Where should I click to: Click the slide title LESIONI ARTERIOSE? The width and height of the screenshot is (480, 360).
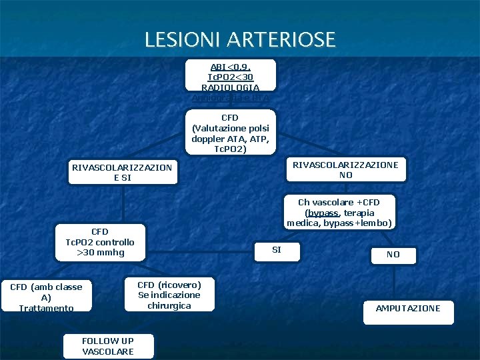tap(240, 40)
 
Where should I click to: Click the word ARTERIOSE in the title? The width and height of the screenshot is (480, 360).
tap(281, 40)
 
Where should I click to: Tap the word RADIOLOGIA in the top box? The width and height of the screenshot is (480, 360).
tap(231, 87)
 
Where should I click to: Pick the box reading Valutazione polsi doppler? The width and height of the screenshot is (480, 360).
tap(231, 133)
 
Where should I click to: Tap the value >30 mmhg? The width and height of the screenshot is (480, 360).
tap(100, 253)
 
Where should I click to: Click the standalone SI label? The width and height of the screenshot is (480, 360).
tap(277, 250)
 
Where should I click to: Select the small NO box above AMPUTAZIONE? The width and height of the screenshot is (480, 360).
tap(393, 255)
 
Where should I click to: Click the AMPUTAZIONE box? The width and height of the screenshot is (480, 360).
tap(408, 309)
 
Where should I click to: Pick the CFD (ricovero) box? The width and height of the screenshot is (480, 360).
tap(169, 295)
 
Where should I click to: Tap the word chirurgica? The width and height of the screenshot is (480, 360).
tap(169, 305)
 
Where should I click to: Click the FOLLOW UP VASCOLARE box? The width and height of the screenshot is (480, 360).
tap(108, 345)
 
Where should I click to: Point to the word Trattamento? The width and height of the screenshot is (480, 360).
tap(46, 308)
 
